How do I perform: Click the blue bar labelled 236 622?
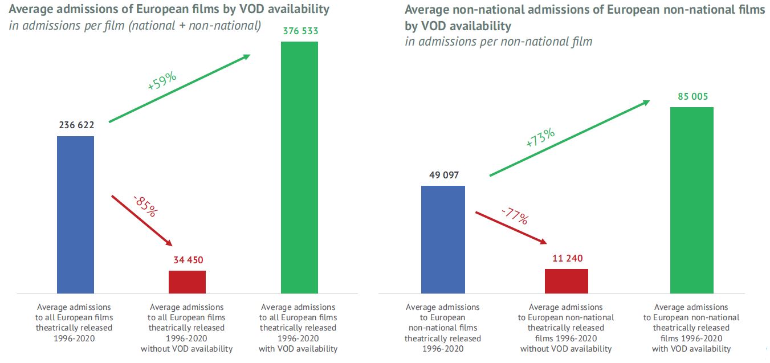pos(76,215)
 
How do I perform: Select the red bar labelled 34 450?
pos(187,282)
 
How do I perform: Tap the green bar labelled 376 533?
pos(300,168)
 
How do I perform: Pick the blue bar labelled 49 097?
pos(443,239)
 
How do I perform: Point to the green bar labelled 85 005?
pos(691,200)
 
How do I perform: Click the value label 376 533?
pos(300,30)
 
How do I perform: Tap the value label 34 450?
pos(188,260)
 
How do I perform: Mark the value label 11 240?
pos(567,258)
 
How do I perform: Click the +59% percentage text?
pos(162,81)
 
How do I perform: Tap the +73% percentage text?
pos(540,138)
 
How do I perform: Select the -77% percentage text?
pos(515,216)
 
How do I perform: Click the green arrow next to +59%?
pos(180,88)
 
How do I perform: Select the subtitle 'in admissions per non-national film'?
pos(499,42)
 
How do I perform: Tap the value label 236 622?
pos(76,125)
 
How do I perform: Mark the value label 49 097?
pos(443,175)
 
